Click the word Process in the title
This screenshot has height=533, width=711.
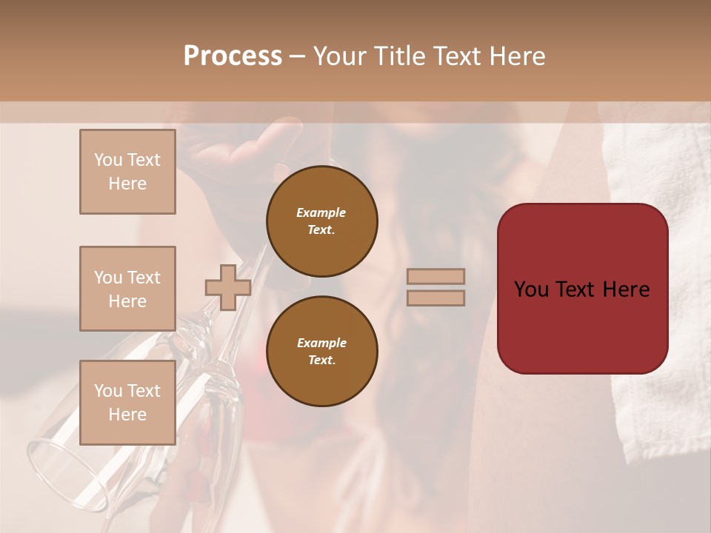233,56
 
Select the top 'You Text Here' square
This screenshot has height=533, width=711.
127,172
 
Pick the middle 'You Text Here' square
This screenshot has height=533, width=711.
127,289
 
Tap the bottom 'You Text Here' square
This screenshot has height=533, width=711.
127,402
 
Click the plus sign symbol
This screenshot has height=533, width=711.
227,287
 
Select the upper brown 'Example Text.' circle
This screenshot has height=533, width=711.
321,221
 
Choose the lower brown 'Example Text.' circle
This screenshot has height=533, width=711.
321,352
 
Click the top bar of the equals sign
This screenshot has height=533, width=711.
435,276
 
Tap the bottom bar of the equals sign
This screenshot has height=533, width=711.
435,298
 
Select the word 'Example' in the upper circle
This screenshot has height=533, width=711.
321,213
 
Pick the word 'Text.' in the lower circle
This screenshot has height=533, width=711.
321,361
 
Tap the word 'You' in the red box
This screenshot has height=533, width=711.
532,289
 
